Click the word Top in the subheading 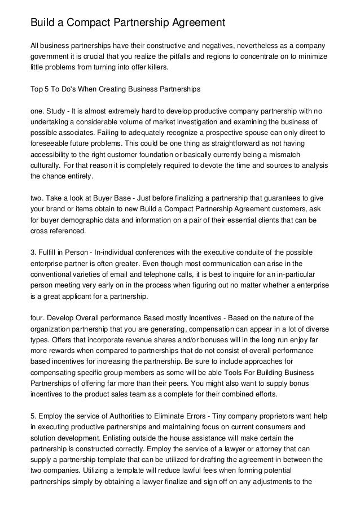(36, 89)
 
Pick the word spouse (268, 134)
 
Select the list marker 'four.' (38, 318)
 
